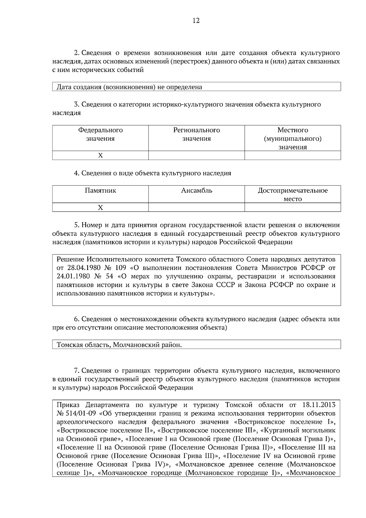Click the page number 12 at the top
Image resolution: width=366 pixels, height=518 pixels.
click(x=196, y=21)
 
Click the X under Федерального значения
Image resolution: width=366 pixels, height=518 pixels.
click(x=100, y=156)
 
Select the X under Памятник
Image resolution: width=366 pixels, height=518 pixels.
click(x=100, y=207)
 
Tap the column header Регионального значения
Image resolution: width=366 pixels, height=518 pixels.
click(x=196, y=134)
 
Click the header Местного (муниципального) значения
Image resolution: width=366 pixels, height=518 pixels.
click(x=292, y=138)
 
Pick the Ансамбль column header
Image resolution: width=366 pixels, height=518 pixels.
click(x=196, y=191)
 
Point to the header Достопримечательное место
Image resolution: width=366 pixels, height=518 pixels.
click(x=292, y=195)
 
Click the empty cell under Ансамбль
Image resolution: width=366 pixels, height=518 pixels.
click(x=196, y=207)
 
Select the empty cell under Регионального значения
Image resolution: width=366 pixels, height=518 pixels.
click(x=196, y=156)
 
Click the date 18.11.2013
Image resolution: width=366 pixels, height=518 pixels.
click(x=319, y=405)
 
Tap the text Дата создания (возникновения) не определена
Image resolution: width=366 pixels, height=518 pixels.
click(x=129, y=87)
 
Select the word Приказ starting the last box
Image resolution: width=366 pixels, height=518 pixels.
click(x=68, y=405)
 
